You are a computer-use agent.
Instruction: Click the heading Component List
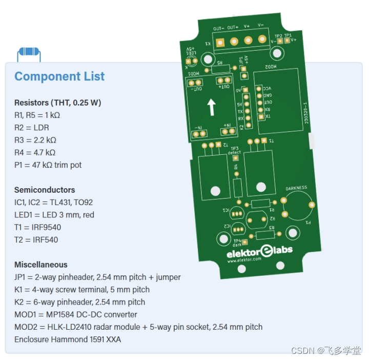click(x=59, y=77)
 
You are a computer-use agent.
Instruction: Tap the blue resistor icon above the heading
click(x=29, y=53)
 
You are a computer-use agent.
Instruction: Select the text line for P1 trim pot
click(x=48, y=165)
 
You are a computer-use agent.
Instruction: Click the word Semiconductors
click(x=45, y=190)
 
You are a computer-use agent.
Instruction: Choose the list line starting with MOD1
click(x=76, y=314)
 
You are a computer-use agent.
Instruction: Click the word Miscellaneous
click(x=41, y=265)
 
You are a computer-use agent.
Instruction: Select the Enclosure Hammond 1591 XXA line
click(x=68, y=339)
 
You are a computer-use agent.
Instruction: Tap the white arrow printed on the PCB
click(x=211, y=107)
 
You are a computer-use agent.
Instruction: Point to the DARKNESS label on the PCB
click(x=296, y=188)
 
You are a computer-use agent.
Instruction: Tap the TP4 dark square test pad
click(x=245, y=242)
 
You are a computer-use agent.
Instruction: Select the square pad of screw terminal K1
click(x=220, y=42)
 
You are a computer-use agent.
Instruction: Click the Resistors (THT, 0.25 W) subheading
click(x=57, y=103)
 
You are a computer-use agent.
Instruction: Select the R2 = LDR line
click(x=32, y=127)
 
